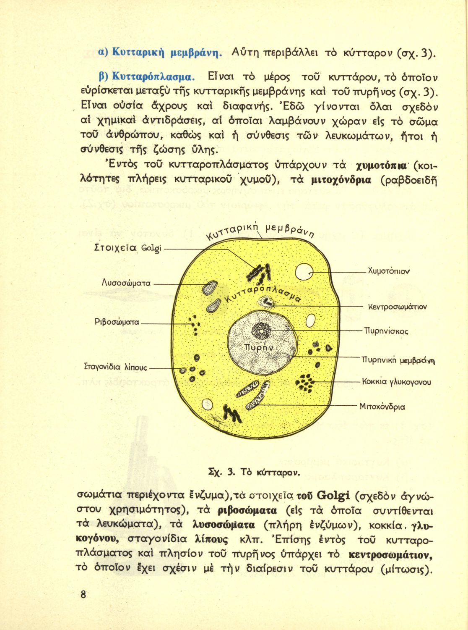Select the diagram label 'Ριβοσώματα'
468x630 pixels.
(x=117, y=323)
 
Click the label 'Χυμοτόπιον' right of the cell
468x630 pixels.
(x=388, y=271)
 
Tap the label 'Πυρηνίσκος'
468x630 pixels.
(x=386, y=331)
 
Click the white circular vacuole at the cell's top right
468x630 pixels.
(x=304, y=273)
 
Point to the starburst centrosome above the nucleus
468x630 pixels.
(x=267, y=302)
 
